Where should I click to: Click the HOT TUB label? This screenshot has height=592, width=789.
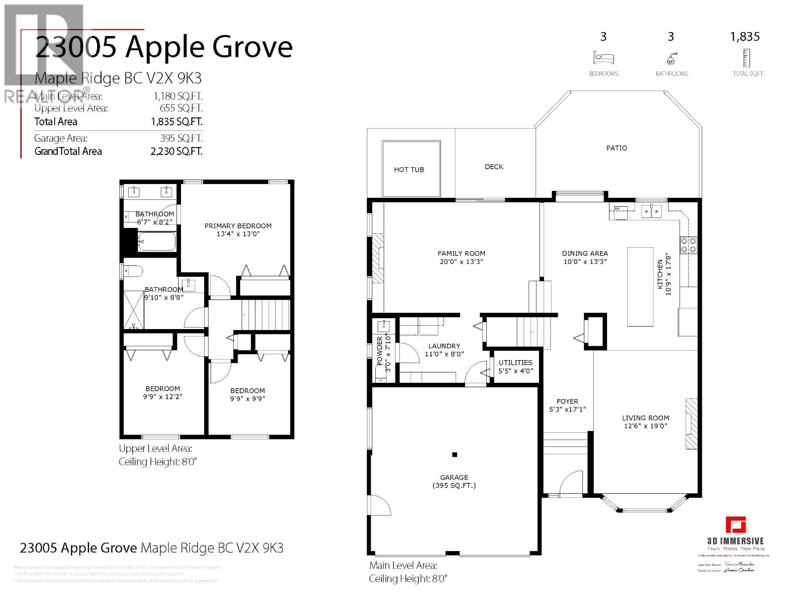pos(409,170)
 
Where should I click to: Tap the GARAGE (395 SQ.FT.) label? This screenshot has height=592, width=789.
pos(454,481)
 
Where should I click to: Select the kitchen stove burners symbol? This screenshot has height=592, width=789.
pos(689,245)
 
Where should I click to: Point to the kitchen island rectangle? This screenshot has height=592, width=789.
pos(640,287)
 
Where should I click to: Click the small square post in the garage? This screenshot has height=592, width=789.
pos(455,455)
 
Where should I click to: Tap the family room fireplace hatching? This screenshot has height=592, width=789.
pos(378,258)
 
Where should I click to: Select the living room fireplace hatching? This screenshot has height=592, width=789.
pos(692,424)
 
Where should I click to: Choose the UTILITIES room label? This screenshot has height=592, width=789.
pos(515,363)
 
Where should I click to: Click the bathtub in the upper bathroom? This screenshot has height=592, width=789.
pos(157,242)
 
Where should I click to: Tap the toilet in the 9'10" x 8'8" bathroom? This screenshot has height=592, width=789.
pos(134,271)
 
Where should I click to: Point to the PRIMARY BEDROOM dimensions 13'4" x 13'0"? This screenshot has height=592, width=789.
pos(238,234)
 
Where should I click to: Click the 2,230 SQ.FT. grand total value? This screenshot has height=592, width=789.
pos(177,151)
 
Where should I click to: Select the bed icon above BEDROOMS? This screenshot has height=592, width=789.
pos(604,58)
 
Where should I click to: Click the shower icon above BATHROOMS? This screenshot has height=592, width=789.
pos(671,59)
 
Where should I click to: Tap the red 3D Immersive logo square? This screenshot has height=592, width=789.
pos(735,525)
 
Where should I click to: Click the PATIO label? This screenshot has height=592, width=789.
pos(616,148)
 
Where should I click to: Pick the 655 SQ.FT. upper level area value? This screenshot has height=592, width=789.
pos(181,108)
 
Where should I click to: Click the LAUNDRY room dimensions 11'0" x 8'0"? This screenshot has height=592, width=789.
pos(444,354)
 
